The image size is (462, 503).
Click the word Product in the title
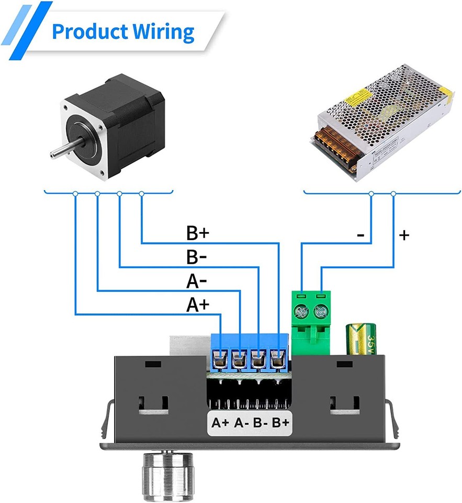[87, 32]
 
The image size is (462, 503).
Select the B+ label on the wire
[198, 233]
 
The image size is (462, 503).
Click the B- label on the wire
[197, 258]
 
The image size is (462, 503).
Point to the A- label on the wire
[197, 282]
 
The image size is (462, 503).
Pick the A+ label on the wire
[198, 305]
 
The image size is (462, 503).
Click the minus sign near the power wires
[360, 235]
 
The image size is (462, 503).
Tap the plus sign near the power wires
[403, 235]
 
